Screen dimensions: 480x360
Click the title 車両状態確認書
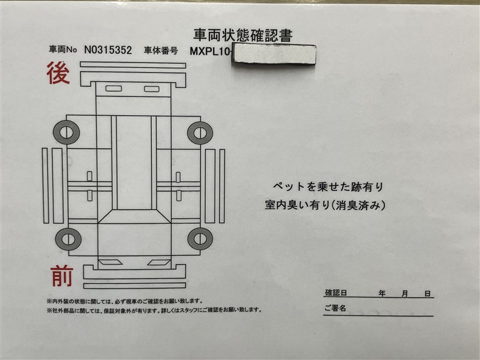tap(243, 35)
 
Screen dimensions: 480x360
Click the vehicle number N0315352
tap(108, 50)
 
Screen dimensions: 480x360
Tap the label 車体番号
tap(161, 50)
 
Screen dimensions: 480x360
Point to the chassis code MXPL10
tap(209, 52)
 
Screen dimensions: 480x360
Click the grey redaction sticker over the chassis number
tap(274, 54)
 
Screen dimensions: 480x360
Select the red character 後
tap(58, 73)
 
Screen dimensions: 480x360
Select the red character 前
tap(62, 276)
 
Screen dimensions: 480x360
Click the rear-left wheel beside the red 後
tap(67, 132)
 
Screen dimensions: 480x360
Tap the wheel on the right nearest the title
tap(200, 133)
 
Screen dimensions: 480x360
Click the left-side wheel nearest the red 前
tap(68, 239)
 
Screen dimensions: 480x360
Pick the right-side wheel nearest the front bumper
tap(200, 239)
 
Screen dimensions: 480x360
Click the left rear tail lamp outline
tap(113, 89)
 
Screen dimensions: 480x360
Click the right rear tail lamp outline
tap(152, 89)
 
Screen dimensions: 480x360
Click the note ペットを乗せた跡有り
tap(328, 187)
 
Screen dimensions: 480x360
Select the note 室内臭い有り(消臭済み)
tap(325, 205)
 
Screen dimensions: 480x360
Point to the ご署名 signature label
tap(335, 308)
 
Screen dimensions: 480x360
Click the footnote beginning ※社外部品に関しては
tap(154, 310)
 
